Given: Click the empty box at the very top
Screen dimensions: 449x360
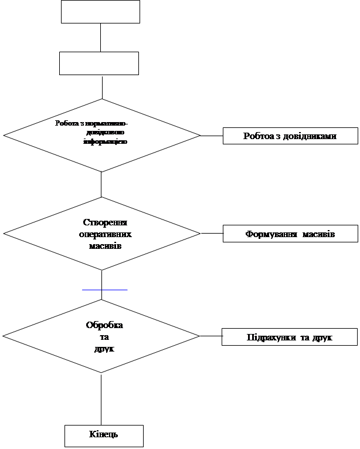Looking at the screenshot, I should pyautogui.click(x=100, y=11).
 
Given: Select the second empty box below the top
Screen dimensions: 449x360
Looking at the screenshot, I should pyautogui.click(x=99, y=63).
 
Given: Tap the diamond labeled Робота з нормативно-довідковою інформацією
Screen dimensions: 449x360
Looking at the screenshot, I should pyautogui.click(x=101, y=134).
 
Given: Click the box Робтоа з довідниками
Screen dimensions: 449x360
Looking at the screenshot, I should pyautogui.click(x=290, y=136).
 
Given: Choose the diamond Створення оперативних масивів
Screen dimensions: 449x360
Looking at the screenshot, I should pyautogui.click(x=102, y=234).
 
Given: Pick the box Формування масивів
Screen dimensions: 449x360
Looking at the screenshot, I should pyautogui.click(x=290, y=234).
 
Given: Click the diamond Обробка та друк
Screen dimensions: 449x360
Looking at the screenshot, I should pyautogui.click(x=101, y=336).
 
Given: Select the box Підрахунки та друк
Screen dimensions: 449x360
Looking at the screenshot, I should pyautogui.click(x=289, y=337).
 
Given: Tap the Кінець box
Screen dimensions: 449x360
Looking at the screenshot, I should pyautogui.click(x=104, y=436).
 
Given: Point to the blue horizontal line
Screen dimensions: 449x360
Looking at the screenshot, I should pyautogui.click(x=104, y=290).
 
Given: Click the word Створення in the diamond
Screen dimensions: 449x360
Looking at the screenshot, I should pyautogui.click(x=105, y=222).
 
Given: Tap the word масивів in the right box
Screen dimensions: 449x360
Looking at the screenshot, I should pyautogui.click(x=319, y=234).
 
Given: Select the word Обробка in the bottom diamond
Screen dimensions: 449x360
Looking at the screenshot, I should pyautogui.click(x=104, y=325).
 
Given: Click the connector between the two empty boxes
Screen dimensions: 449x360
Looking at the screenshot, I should pyautogui.click(x=101, y=38).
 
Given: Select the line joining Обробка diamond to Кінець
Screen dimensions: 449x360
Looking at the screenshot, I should pyautogui.click(x=101, y=399).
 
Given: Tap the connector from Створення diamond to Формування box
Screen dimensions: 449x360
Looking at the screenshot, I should pyautogui.click(x=211, y=234).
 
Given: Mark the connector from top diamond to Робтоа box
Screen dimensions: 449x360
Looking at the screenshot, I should pyautogui.click(x=211, y=136).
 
